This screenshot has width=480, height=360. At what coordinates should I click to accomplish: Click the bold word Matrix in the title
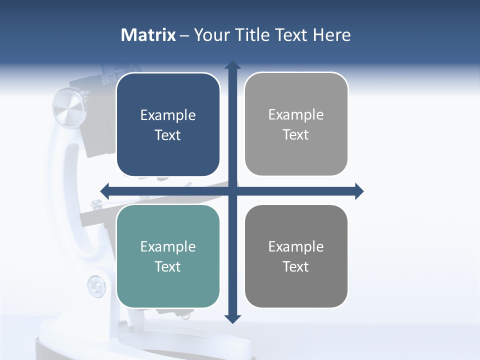148,35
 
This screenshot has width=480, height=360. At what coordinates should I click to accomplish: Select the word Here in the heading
331,35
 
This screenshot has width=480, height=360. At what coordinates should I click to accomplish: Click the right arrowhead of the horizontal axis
359,191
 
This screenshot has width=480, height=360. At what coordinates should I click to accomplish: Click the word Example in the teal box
168,246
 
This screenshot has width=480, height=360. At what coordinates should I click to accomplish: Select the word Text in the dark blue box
168,135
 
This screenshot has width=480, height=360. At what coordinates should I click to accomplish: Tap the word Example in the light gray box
296,115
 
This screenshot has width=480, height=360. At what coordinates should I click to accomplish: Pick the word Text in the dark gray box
296,266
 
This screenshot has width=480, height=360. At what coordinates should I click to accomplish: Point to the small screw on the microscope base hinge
96,286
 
